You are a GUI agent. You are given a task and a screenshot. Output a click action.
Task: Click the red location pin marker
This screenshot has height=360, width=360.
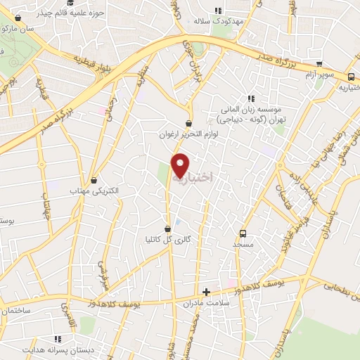click(180, 165)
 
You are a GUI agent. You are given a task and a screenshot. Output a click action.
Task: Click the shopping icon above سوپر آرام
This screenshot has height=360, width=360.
click(321, 63)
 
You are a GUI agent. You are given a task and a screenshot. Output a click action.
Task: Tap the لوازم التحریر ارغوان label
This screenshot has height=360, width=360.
click(189, 134)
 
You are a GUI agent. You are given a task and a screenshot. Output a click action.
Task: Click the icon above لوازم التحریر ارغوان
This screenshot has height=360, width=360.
click(189, 124)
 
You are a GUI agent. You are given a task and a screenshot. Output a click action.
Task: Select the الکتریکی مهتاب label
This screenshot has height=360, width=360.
click(94, 191)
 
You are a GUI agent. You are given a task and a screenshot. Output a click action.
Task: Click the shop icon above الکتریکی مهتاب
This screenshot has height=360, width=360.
click(94, 181)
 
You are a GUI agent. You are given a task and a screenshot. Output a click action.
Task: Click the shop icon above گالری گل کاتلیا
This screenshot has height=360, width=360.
click(167, 229)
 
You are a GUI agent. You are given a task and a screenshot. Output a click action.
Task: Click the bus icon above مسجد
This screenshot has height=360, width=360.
click(243, 233)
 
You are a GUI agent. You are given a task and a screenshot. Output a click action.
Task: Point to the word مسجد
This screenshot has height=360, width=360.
click(243, 244)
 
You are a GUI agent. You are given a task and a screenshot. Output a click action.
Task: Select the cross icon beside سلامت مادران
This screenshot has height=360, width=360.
click(206, 292)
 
